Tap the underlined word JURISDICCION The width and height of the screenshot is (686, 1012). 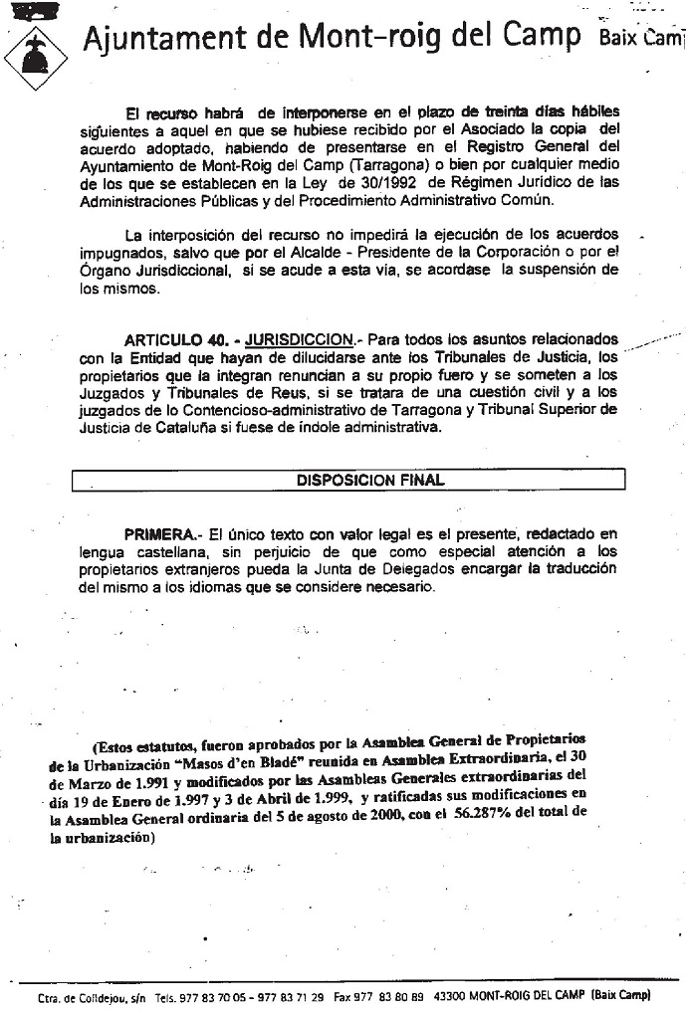(x=299, y=338)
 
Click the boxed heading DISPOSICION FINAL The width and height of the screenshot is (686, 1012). (x=370, y=480)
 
